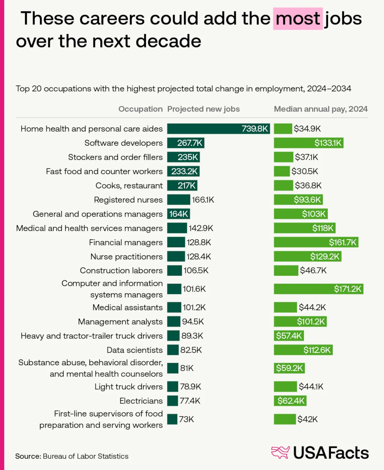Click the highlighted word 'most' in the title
[298, 19]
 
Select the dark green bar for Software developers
[186, 143]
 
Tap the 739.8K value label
[255, 129]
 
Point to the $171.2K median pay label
[348, 289]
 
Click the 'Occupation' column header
[140, 109]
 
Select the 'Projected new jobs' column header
[203, 109]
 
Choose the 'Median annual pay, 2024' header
[321, 109]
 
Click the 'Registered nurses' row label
[128, 200]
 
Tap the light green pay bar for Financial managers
[316, 242]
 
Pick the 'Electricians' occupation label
[141, 401]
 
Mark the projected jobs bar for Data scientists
[173, 350]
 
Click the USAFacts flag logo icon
[280, 453]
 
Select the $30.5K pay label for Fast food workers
[305, 171]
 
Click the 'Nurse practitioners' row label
[126, 257]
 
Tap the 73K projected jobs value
[187, 419]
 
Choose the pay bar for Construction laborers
[286, 270]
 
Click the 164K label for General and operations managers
[179, 214]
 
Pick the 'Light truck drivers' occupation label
[129, 387]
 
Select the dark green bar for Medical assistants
[174, 308]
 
